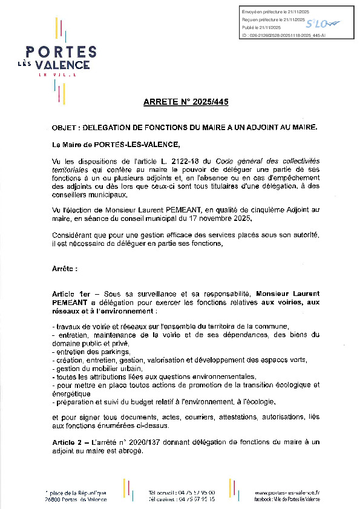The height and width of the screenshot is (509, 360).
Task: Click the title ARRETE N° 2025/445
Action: click(x=186, y=102)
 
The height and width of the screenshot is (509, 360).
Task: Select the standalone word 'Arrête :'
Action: click(x=65, y=268)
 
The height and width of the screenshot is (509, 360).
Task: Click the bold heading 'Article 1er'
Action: click(x=70, y=293)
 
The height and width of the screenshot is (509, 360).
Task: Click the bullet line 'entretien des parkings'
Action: click(x=91, y=352)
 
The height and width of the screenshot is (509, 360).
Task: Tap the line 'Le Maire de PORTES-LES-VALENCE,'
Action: click(x=116, y=145)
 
